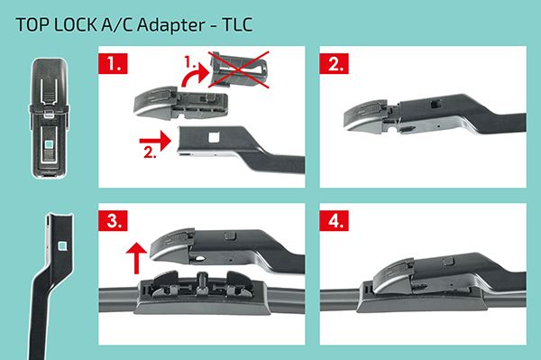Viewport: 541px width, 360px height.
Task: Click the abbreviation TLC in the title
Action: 238,25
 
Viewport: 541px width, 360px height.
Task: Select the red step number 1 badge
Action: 113,63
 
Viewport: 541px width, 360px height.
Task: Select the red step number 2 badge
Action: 334,63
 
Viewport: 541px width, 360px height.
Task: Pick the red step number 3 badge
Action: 113,220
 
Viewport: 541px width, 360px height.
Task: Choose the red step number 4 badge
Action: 334,220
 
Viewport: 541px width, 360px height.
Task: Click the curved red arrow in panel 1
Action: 193,77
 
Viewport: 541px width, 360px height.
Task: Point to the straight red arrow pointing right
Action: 155,141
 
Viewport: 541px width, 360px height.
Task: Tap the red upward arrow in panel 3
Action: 137,258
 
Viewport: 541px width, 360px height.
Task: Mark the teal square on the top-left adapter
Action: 50,144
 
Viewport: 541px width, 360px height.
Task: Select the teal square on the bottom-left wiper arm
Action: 62,245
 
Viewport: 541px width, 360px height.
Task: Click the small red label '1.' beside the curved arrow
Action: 189,62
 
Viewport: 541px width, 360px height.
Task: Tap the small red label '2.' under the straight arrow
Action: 150,152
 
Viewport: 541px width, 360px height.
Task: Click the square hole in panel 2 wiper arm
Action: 436,103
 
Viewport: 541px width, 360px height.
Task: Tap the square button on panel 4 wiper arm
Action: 448,261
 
